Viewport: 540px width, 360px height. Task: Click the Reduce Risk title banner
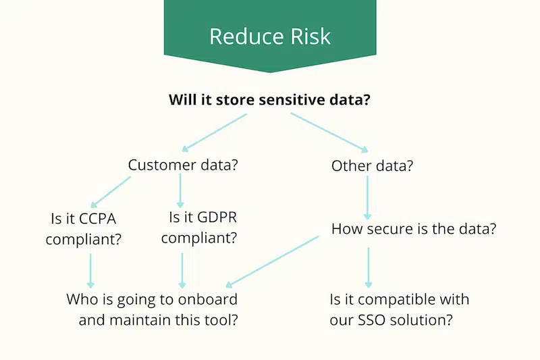coord(270,35)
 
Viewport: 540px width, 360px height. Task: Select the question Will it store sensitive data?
coord(270,101)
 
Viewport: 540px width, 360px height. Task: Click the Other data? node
coord(372,165)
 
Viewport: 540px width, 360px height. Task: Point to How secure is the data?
coord(414,228)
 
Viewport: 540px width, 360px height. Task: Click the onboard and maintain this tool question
coord(152,309)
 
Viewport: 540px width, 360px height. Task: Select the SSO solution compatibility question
coord(399,309)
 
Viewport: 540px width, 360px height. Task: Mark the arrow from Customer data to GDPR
coord(181,191)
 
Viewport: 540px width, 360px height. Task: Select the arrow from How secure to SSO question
coord(368,267)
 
